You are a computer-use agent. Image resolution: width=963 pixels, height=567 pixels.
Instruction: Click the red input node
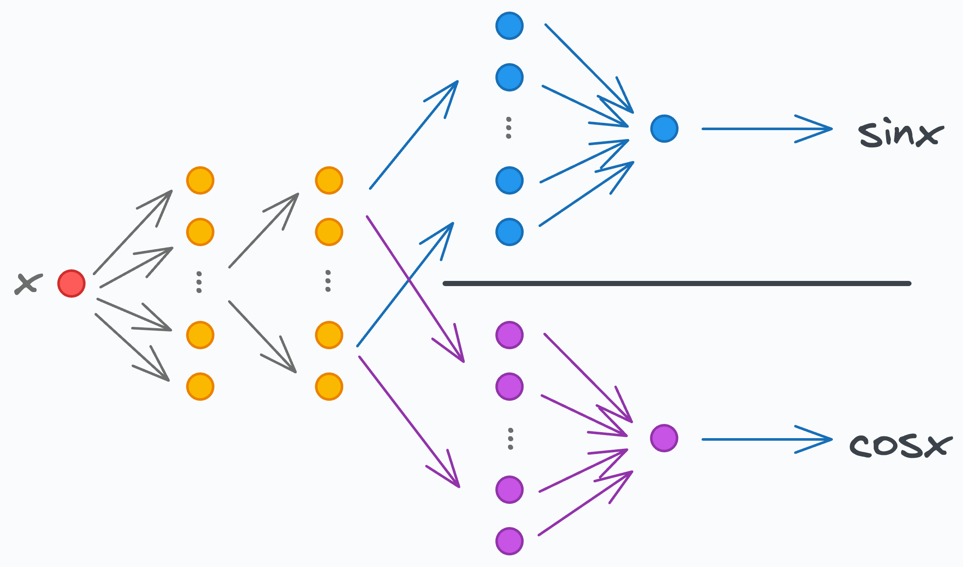72,283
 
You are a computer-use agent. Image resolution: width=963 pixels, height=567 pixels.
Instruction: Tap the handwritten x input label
28,284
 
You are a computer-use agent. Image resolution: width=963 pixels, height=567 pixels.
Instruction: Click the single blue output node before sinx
664,128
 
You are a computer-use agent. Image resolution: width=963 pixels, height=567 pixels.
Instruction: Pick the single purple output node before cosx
664,438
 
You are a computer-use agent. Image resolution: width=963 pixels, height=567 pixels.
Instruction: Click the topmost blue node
509,26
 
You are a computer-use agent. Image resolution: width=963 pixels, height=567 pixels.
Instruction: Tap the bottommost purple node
509,541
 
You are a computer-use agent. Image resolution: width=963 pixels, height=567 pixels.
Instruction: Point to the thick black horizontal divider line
677,283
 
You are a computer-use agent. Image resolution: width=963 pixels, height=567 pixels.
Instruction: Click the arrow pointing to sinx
767,128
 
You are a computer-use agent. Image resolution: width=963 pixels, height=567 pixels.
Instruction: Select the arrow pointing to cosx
767,439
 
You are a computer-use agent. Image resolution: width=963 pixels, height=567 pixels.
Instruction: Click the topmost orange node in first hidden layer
200,180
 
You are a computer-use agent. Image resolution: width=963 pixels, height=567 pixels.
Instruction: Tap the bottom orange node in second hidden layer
329,387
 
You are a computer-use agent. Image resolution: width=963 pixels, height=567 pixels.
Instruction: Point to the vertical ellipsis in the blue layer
509,128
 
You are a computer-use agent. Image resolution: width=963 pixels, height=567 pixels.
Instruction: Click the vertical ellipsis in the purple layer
510,439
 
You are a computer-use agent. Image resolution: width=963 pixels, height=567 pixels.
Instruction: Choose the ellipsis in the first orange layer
199,282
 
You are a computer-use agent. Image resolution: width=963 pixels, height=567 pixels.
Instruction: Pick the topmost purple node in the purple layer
509,335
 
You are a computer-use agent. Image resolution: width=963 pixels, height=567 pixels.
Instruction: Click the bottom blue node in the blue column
509,232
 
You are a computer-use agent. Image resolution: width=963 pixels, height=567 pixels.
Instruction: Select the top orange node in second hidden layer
329,180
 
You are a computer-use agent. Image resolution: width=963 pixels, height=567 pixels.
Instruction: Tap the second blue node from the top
509,77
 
